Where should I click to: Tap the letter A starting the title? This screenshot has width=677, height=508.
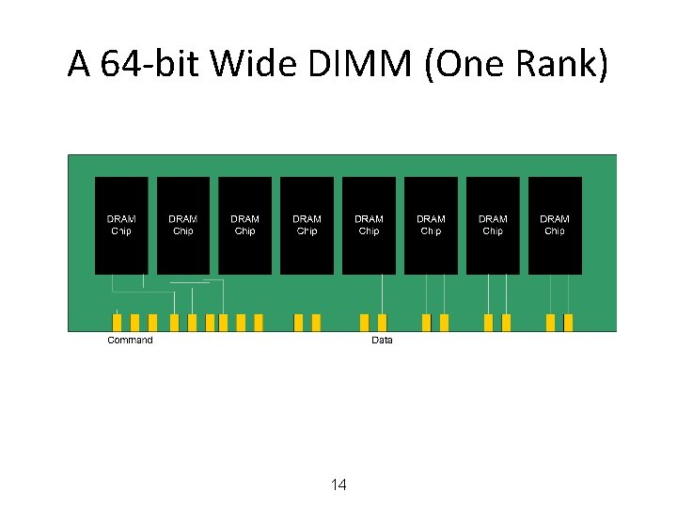tap(79, 65)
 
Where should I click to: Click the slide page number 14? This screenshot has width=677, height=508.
tap(339, 484)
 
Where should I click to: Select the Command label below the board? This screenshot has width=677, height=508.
tap(130, 340)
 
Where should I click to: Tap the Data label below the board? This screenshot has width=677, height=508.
tap(382, 340)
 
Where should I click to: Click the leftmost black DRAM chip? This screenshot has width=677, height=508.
tap(121, 226)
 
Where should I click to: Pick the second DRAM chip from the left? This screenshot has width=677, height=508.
tap(183, 226)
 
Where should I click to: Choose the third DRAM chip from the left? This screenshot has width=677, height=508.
tap(244, 226)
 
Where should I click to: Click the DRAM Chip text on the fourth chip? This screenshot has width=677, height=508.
tap(307, 225)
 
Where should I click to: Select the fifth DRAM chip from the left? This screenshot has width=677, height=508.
tap(369, 226)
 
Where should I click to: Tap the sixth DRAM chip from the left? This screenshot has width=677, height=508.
tap(431, 226)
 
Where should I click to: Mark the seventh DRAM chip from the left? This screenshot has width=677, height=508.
tap(493, 226)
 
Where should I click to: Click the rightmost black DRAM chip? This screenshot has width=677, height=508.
tap(555, 226)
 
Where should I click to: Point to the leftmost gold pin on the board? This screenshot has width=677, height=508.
tap(118, 323)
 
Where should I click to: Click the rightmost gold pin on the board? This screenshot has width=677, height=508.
tap(568, 323)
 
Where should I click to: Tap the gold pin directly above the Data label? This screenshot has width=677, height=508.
tap(382, 323)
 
